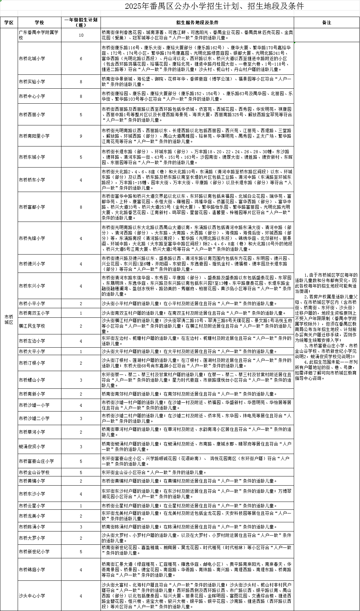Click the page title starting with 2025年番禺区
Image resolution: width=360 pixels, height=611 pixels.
[x=214, y=6]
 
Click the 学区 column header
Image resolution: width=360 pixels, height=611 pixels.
[x=9, y=22]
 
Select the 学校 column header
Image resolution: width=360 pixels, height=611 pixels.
[x=39, y=22]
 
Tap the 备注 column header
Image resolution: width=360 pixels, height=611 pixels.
[x=326, y=22]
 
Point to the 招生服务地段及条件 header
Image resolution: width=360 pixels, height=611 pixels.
[x=197, y=22]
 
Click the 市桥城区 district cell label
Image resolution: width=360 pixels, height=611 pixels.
[x=9, y=319]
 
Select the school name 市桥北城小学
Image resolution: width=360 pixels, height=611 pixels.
[x=32, y=59]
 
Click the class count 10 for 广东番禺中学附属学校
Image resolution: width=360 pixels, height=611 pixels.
[x=81, y=35]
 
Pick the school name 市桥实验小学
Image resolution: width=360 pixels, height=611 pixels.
[x=32, y=82]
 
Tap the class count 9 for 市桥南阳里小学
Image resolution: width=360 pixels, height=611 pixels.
[x=81, y=136]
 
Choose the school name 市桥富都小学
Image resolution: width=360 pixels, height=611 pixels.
[x=32, y=207]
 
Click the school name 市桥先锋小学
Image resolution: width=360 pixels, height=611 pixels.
[x=32, y=239]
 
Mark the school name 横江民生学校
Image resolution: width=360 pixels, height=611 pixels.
[x=32, y=326]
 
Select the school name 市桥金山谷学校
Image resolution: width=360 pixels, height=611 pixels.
[x=34, y=472]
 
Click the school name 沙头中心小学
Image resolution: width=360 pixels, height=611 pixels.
[x=32, y=596]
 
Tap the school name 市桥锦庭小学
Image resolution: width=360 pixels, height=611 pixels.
[x=32, y=570]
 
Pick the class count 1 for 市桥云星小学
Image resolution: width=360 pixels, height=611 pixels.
[x=81, y=506]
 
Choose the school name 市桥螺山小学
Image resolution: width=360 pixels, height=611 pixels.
[x=32, y=380]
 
